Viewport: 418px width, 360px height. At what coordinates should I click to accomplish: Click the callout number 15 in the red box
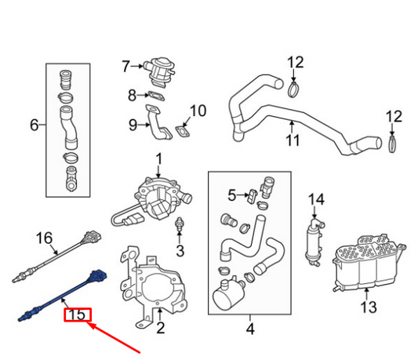coord(77,315)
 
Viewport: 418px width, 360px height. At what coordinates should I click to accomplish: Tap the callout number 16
coord(44,237)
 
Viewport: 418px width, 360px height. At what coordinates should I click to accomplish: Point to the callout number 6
coord(34,124)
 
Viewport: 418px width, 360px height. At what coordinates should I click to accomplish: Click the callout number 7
coord(125,66)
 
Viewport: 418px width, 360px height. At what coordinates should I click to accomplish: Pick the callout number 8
coord(132,95)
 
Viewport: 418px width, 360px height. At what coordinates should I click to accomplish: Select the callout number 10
coord(198,111)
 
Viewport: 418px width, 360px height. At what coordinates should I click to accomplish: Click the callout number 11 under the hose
coord(293,141)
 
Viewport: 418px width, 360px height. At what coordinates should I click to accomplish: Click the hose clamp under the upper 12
coord(293,89)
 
